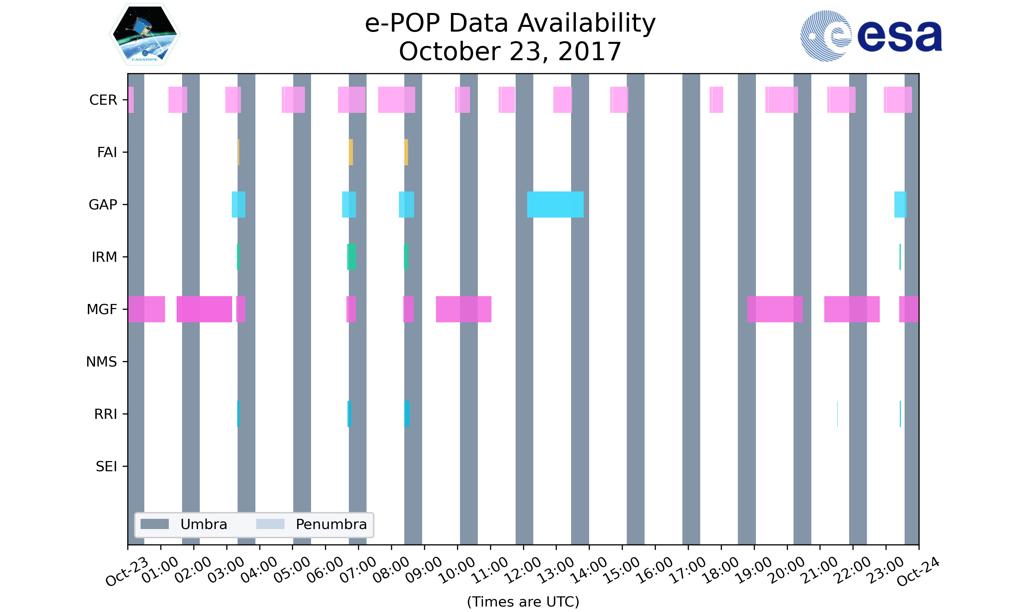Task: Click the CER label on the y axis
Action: [103, 100]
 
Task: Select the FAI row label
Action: [107, 152]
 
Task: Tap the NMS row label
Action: [101, 362]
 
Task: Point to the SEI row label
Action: [106, 466]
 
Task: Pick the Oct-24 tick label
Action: [918, 572]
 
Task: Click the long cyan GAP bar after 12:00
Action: [555, 205]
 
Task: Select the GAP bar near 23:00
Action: [900, 205]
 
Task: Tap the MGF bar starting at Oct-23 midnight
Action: [146, 309]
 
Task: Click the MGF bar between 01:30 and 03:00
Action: [204, 309]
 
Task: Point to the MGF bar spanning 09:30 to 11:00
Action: [464, 309]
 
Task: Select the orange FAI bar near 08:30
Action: [406, 152]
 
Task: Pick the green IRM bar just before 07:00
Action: [351, 257]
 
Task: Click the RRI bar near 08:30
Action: [407, 414]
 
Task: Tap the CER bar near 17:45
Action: [716, 100]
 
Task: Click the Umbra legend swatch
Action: [155, 524]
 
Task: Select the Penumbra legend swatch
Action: [270, 524]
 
